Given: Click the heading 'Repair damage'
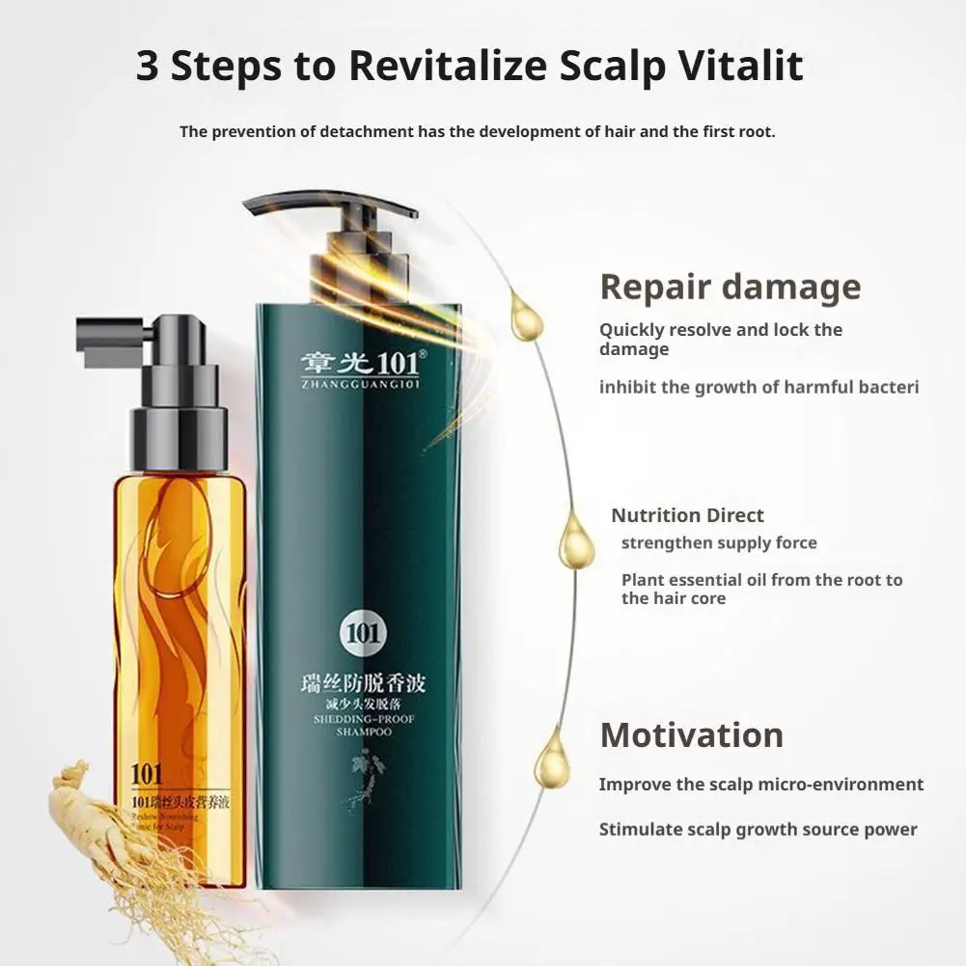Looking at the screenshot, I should click(730, 288).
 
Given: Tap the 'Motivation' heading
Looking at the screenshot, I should click(691, 735).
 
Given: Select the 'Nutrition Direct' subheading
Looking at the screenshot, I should click(687, 515).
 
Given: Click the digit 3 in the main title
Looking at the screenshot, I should click(148, 66).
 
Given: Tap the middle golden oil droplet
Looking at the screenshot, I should click(577, 542).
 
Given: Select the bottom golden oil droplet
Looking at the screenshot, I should click(552, 759).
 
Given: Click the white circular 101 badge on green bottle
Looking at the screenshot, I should click(362, 634).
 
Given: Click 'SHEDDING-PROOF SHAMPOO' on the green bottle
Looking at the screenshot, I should click(362, 725).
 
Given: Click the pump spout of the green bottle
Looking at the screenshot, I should click(280, 204).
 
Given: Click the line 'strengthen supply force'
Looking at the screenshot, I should click(718, 543).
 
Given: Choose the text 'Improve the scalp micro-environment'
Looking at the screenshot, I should click(760, 785).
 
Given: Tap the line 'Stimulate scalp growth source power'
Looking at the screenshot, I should click(758, 829).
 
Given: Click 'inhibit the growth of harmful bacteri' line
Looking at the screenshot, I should click(759, 387).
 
